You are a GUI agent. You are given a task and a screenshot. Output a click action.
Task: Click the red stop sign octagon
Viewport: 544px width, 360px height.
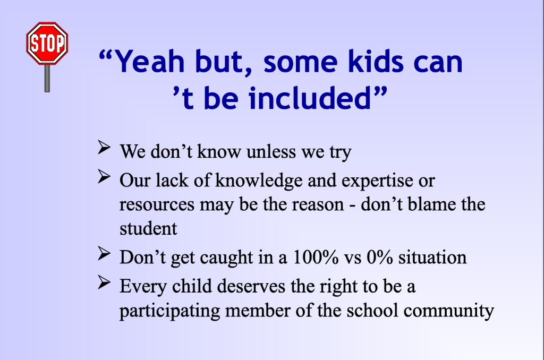click(47, 44)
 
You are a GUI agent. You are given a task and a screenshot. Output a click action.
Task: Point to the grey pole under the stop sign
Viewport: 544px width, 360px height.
click(47, 79)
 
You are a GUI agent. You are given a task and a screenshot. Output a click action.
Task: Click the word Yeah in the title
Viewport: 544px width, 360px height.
click(149, 62)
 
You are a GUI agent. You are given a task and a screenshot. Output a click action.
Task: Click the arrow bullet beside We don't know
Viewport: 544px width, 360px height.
click(104, 148)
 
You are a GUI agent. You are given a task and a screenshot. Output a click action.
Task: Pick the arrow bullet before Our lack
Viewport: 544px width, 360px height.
click(104, 176)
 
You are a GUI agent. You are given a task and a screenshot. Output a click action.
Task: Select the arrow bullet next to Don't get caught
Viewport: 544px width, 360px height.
click(104, 253)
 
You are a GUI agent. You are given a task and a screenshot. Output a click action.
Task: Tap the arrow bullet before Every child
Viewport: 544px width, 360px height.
click(104, 282)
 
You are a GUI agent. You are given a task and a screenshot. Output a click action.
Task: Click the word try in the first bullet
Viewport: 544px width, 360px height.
click(340, 152)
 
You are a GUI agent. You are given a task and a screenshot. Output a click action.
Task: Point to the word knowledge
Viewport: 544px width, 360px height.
click(259, 181)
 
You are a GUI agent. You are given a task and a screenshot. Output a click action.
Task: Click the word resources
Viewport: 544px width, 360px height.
click(157, 205)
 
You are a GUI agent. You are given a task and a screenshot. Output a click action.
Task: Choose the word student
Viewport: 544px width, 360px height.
click(148, 229)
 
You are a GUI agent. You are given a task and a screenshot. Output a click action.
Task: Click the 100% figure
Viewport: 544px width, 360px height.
click(316, 258)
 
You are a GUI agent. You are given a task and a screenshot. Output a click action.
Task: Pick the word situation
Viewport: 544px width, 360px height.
click(432, 258)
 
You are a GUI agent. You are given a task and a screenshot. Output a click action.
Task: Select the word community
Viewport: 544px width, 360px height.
click(448, 311)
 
